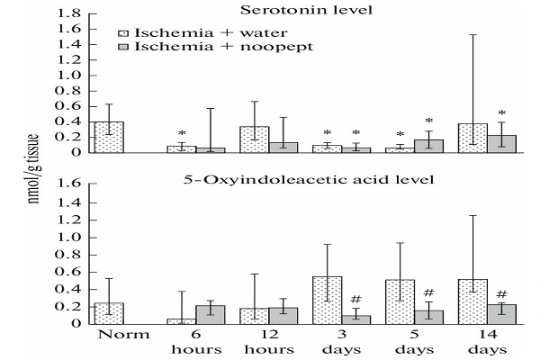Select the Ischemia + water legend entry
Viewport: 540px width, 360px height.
tap(190, 30)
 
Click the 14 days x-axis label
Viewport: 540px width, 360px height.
tap(487, 342)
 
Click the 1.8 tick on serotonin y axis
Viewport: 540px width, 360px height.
tap(67, 15)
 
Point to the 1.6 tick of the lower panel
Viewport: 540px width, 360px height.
tap(67, 184)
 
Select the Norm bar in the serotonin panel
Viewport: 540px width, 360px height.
tap(109, 137)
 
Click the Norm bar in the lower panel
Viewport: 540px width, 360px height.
tap(109, 312)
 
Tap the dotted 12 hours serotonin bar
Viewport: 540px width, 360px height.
tap(255, 139)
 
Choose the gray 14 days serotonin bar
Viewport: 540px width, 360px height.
tap(502, 144)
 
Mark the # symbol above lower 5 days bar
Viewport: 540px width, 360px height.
tap(428, 293)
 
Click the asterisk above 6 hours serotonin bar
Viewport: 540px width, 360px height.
tap(182, 133)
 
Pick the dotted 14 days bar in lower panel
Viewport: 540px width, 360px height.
tap(472, 301)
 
